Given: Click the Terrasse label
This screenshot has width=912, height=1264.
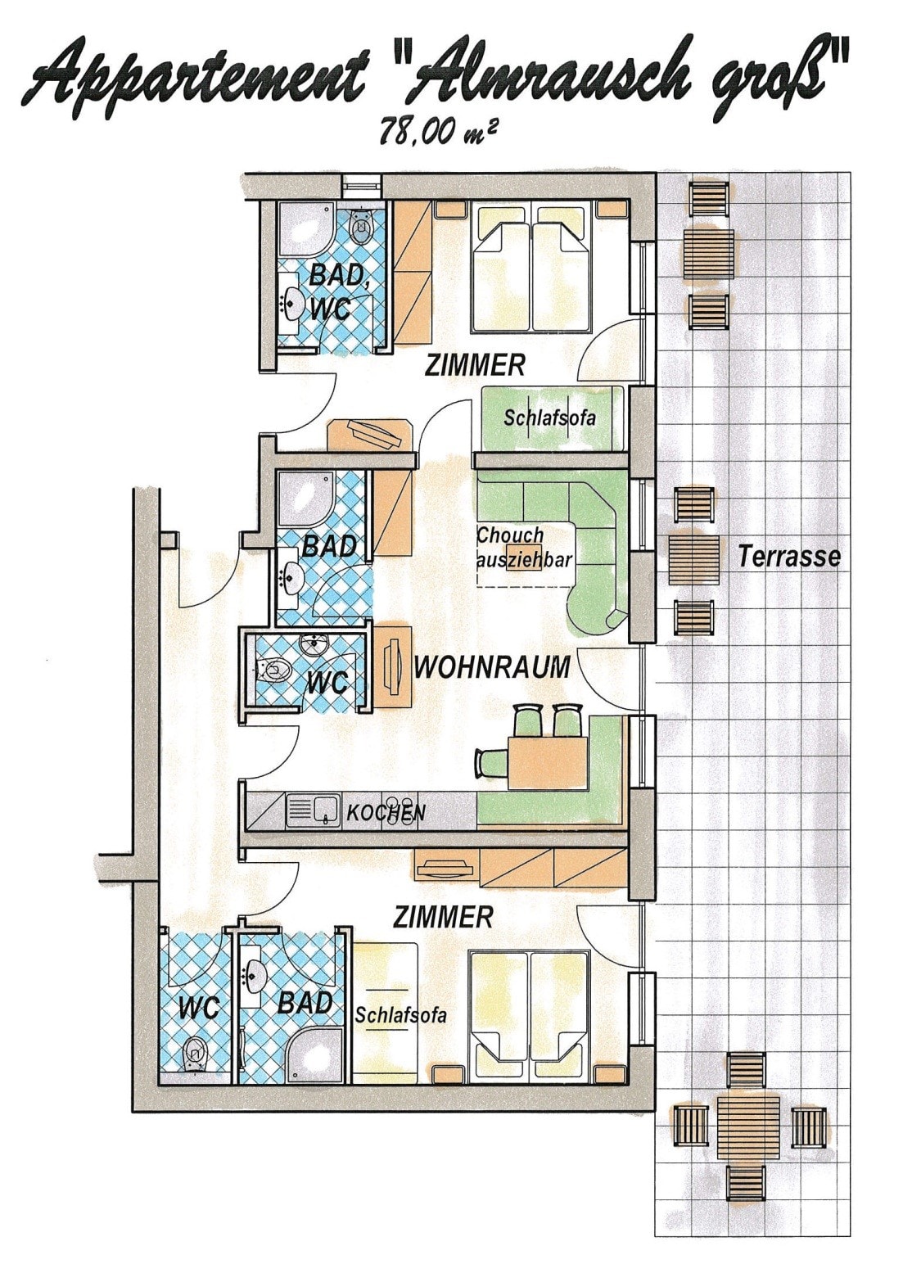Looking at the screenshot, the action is (788, 557).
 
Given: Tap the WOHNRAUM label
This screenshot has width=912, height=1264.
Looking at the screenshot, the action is (491, 667).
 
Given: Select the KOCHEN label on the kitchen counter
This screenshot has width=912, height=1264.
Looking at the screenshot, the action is (386, 813).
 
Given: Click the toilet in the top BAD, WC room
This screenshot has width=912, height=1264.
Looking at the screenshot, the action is (360, 225).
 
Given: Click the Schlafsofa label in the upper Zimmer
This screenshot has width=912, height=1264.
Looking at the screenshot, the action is (550, 418).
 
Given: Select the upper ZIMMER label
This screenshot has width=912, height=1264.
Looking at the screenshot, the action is (475, 366).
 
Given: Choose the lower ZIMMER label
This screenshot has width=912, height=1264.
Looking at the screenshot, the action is (443, 916).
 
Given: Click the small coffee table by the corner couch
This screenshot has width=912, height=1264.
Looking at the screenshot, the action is (524, 558).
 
